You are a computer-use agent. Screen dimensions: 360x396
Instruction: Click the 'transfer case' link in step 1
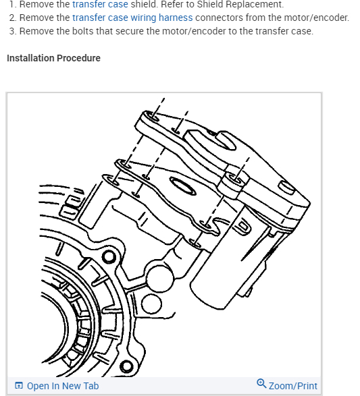tap(100, 4)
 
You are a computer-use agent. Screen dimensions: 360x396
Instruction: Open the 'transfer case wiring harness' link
tap(132, 18)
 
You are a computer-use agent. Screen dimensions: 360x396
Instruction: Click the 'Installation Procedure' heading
tap(53, 58)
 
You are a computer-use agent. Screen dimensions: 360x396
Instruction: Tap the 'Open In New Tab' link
tap(63, 386)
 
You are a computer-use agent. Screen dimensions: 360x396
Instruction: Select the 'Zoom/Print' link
tap(292, 386)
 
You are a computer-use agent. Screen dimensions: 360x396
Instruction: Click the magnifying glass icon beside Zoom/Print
tap(261, 383)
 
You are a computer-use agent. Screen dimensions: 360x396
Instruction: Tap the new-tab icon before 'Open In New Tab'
tap(19, 386)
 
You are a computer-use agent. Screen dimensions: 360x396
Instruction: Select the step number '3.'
tap(13, 31)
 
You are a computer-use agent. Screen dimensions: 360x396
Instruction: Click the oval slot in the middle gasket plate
tap(183, 186)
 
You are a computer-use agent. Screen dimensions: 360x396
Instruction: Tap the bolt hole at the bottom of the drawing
tap(126, 366)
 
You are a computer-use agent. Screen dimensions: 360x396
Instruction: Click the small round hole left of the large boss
tap(109, 256)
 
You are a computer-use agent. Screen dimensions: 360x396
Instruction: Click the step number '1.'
tap(13, 4)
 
